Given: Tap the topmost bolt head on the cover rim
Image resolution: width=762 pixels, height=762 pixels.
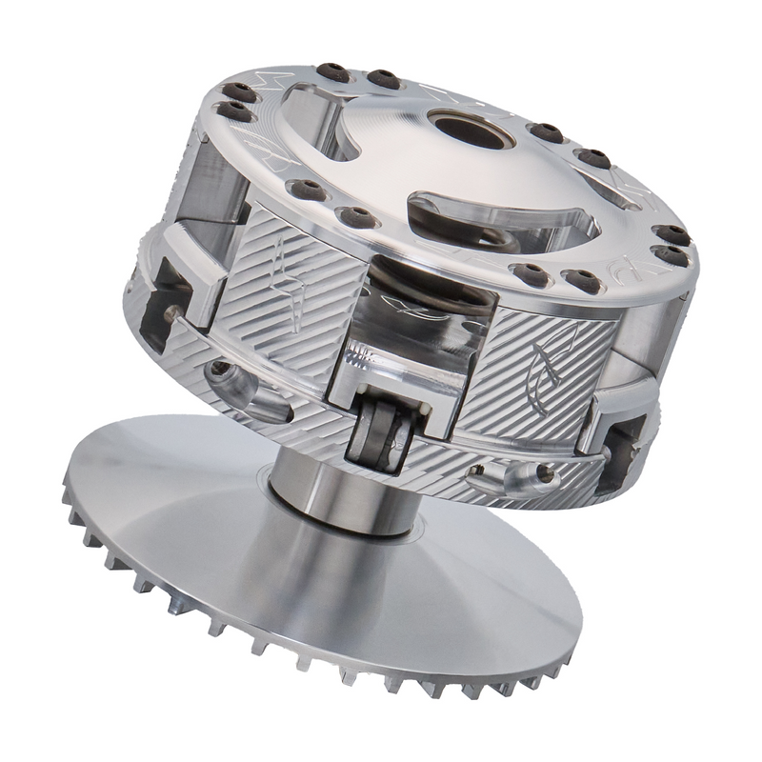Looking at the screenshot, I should (332, 71).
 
